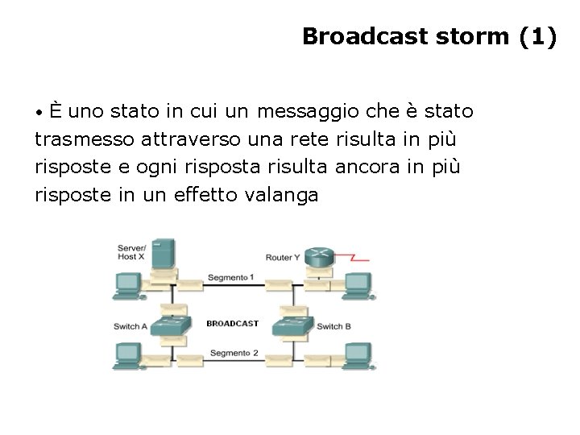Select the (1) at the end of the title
pyautogui.click(x=538, y=36)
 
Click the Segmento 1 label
pyautogui.click(x=231, y=278)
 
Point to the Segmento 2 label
pyautogui.click(x=234, y=353)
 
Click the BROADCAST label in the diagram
pyautogui.click(x=232, y=323)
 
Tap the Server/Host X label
pyautogui.click(x=130, y=251)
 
